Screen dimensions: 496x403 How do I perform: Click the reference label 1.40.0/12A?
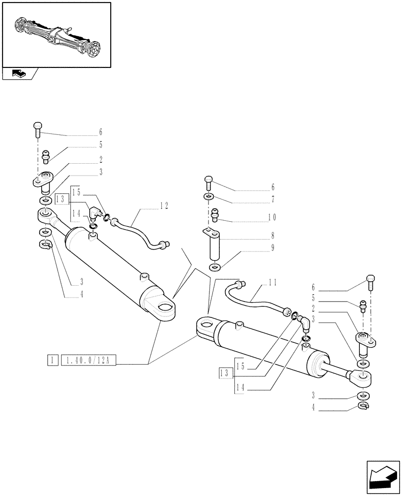pyautogui.click(x=88, y=360)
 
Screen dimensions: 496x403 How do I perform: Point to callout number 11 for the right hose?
pyautogui.click(x=272, y=283)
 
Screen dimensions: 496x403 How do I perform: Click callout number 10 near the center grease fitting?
pyautogui.click(x=271, y=217)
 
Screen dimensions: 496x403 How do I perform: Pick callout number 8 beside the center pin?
pyautogui.click(x=272, y=236)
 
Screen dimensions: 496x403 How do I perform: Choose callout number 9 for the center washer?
pyautogui.click(x=272, y=248)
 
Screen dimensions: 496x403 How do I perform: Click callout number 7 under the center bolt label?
pyautogui.click(x=272, y=200)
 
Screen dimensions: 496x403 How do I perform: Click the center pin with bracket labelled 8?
pyautogui.click(x=214, y=246)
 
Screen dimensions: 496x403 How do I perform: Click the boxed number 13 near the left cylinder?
pyautogui.click(x=61, y=198)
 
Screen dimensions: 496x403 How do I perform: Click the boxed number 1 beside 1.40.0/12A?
pyautogui.click(x=51, y=360)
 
